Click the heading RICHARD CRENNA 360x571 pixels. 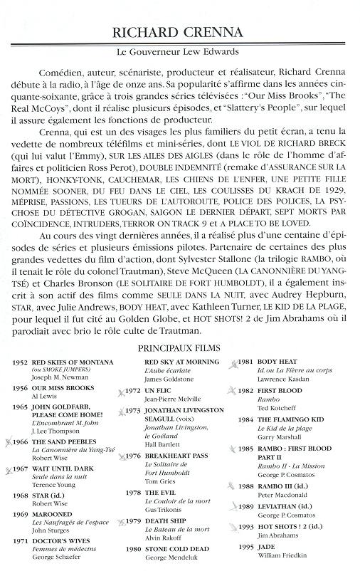(x=180, y=33)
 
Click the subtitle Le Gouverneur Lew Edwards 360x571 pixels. (x=180, y=53)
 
